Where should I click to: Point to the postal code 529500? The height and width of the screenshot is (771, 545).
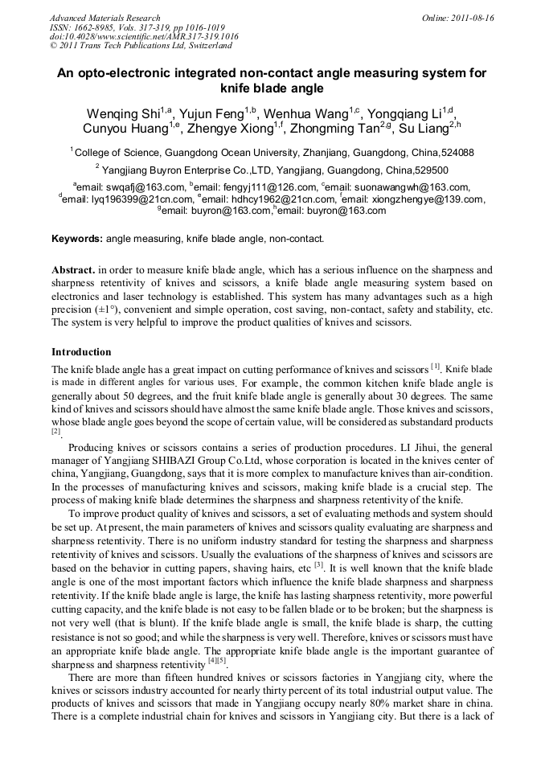click(431, 170)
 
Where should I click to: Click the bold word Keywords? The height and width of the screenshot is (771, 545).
click(77, 239)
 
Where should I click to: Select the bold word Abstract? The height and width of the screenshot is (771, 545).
click(73, 270)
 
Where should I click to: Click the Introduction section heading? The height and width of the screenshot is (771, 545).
click(81, 352)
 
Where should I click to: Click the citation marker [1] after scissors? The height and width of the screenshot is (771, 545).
click(435, 366)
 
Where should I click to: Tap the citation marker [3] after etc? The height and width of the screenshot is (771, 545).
click(319, 564)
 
